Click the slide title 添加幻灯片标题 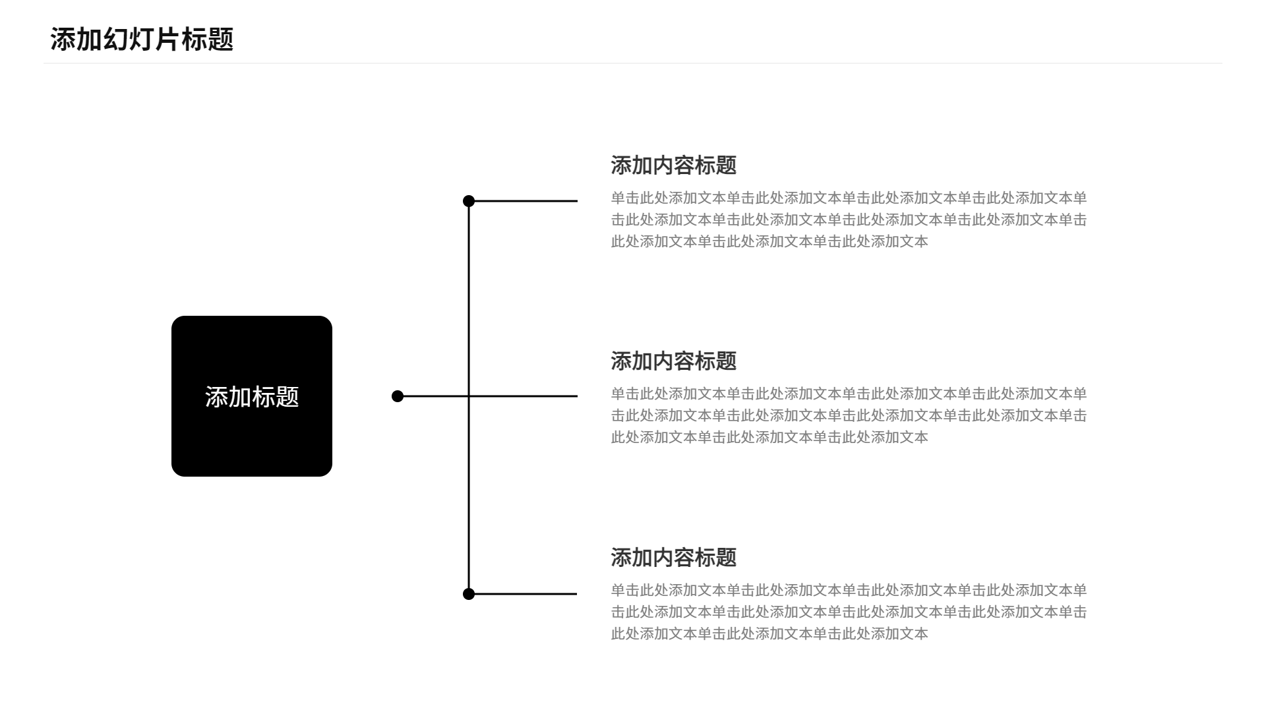click(142, 40)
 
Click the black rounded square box click(252, 396)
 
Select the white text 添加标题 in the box click(252, 397)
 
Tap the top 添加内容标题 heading click(673, 165)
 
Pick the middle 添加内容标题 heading click(673, 361)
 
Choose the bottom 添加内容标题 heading click(673, 558)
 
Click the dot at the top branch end click(469, 201)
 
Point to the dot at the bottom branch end click(469, 594)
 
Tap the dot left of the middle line click(398, 396)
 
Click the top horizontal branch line click(523, 201)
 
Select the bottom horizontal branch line click(523, 594)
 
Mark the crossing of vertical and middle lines click(469, 396)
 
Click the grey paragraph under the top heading click(849, 220)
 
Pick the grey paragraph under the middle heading click(849, 415)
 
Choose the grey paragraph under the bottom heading click(849, 612)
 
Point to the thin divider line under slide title click(633, 63)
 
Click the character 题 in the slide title click(221, 40)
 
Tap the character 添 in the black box click(217, 397)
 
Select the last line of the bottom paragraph click(769, 634)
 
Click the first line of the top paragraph click(849, 198)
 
